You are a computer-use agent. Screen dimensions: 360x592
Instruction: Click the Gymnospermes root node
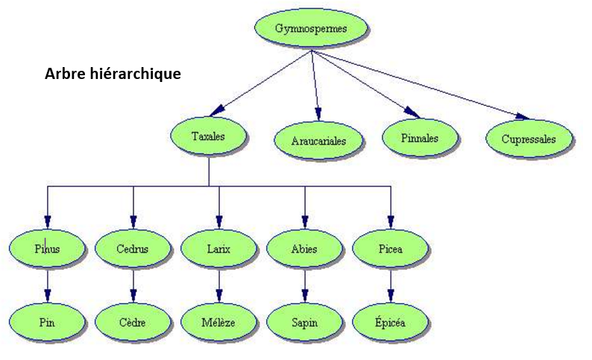[311, 30]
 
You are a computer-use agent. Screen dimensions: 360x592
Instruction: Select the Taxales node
[209, 136]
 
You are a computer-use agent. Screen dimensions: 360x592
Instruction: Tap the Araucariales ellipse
[318, 140]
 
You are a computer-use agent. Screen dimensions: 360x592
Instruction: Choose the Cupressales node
[529, 139]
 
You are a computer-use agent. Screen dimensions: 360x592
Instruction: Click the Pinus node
[47, 249]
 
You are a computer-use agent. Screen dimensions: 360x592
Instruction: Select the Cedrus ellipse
[133, 249]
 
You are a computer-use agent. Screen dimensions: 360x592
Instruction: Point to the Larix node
[218, 249]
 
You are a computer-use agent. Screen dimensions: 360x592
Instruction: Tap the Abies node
[304, 249]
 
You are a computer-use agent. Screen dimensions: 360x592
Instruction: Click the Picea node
[390, 249]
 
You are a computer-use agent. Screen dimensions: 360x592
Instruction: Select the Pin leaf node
[47, 323]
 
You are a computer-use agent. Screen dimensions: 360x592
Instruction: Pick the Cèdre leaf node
[133, 323]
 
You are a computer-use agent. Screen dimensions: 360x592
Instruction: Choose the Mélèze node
[218, 323]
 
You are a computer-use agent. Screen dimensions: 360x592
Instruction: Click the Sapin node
[304, 323]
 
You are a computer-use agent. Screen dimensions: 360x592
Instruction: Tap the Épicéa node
[390, 323]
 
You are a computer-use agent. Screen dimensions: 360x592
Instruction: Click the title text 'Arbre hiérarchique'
[113, 75]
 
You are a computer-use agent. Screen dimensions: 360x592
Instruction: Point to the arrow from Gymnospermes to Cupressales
[418, 83]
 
